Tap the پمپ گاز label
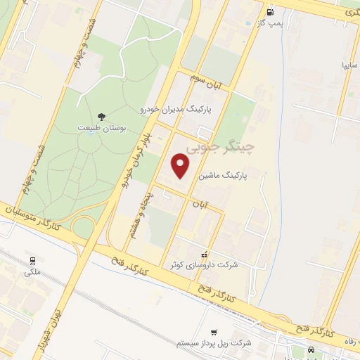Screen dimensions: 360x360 click(270, 23)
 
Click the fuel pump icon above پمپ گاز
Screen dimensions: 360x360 click(270, 11)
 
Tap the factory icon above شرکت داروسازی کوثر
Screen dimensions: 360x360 click(205, 253)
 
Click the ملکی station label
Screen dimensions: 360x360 click(32, 271)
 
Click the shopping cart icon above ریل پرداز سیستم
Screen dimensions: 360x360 click(214, 332)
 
